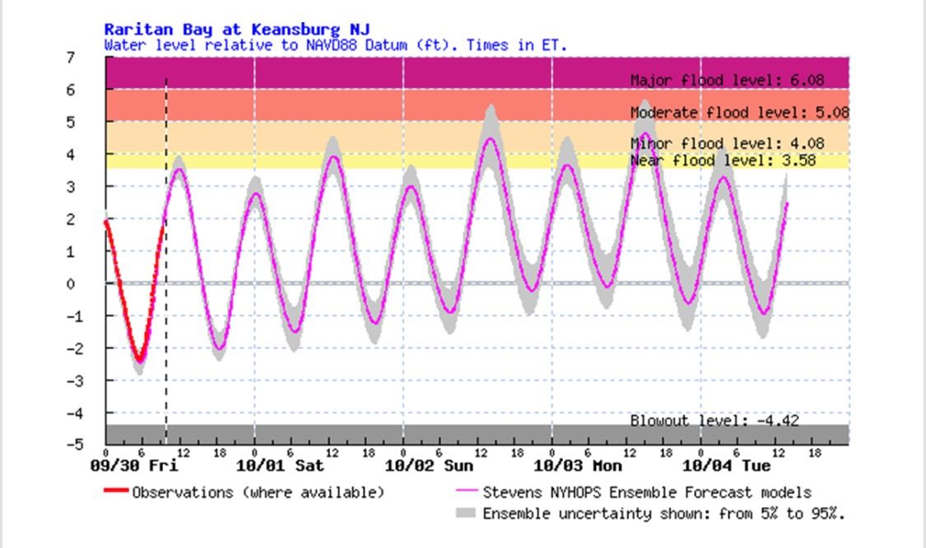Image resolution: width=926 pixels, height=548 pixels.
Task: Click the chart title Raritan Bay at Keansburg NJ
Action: [x=237, y=30]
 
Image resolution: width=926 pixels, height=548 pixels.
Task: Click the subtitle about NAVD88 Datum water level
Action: [x=336, y=44]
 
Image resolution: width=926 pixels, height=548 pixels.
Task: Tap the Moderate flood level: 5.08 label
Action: [x=739, y=112]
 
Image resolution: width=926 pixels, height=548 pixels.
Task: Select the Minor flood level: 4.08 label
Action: [x=727, y=143]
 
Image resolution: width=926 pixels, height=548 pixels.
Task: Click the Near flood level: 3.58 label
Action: [x=723, y=160]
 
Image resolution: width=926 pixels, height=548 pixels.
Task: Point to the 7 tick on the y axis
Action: [x=72, y=58]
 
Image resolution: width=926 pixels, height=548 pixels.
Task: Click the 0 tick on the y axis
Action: [x=72, y=284]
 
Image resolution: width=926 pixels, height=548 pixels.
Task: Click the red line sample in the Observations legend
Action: [x=116, y=493]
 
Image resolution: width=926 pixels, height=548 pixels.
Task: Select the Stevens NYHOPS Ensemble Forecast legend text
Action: [x=646, y=493]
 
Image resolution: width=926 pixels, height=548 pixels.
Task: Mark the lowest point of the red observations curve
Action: [x=141, y=360]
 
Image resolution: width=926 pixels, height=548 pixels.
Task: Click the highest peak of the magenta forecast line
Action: [x=644, y=133]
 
